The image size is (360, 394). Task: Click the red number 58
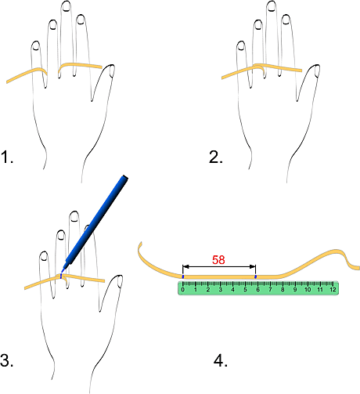(218, 260)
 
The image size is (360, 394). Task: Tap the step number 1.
(7, 157)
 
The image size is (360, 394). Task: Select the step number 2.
(216, 157)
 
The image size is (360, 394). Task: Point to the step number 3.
(7, 360)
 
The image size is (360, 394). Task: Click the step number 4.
(221, 360)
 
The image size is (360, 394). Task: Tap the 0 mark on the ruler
(183, 290)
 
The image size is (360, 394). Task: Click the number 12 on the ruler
(333, 290)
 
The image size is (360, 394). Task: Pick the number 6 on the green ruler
(257, 290)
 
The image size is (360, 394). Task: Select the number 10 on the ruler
(308, 290)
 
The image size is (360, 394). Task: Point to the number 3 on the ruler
(221, 290)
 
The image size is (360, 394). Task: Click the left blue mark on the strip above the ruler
(183, 277)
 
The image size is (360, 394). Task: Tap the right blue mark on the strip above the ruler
(256, 277)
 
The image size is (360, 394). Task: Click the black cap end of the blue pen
(124, 178)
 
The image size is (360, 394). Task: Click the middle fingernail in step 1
(67, 6)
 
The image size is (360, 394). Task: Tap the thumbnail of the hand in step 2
(317, 71)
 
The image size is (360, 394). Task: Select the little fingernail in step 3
(44, 256)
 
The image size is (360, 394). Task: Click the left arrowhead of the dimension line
(185, 266)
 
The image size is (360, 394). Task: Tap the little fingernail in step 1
(35, 46)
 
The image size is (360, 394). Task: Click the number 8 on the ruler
(283, 290)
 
